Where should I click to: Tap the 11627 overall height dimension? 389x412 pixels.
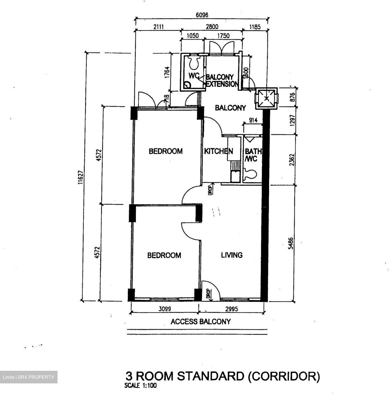click(x=81, y=177)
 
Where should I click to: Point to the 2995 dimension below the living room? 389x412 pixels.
click(x=231, y=309)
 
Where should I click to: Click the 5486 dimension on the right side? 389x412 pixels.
click(x=291, y=243)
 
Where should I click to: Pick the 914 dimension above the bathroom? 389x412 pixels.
click(x=253, y=120)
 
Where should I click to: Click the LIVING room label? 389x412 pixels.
click(x=232, y=255)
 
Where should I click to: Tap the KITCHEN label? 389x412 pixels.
click(x=219, y=151)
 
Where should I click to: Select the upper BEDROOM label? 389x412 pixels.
click(x=166, y=151)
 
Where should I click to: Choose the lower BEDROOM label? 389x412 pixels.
click(x=164, y=255)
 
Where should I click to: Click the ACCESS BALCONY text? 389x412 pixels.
click(x=201, y=322)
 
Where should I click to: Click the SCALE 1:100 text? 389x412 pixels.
click(x=140, y=385)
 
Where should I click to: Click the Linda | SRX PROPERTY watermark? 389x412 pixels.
click(x=29, y=377)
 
